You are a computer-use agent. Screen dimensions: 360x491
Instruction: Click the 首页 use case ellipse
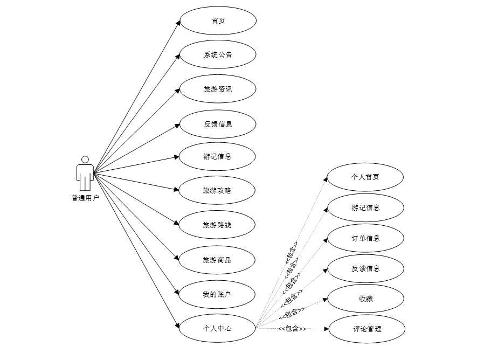218,21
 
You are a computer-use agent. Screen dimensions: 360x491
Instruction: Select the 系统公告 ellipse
218,54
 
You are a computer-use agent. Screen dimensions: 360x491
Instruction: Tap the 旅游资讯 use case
218,89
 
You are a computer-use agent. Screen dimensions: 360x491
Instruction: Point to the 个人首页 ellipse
365,177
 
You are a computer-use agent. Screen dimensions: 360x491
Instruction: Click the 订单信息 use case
365,238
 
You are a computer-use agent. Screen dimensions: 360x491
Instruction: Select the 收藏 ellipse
365,299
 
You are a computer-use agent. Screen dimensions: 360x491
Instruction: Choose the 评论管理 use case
366,328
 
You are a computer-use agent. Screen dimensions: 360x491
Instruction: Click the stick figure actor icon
85,174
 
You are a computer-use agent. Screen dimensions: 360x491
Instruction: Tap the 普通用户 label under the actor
85,198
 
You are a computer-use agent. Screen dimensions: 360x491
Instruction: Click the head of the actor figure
85,160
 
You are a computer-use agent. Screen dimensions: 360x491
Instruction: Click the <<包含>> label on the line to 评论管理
292,328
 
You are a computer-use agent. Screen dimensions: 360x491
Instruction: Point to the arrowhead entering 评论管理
326,328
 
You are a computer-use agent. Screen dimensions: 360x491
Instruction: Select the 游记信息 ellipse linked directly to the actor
218,157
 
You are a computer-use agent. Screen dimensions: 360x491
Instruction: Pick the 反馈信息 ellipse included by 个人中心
365,268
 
